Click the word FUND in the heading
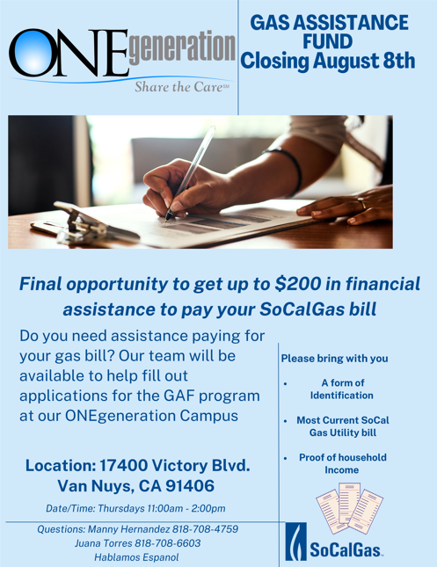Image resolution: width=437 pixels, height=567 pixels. click(x=327, y=41)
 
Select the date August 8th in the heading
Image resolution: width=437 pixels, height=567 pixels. click(x=364, y=61)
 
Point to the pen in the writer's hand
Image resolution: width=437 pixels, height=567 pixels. click(x=190, y=173)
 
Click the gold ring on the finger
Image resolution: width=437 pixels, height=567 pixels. click(x=362, y=203)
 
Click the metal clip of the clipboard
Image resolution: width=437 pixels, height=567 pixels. click(x=82, y=222)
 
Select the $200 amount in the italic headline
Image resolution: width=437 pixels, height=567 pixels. click(x=298, y=284)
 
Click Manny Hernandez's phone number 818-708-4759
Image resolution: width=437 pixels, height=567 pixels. click(x=205, y=529)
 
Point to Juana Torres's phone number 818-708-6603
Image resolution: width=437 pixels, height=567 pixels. click(x=167, y=543)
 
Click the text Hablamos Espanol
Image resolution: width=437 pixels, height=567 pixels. click(x=136, y=557)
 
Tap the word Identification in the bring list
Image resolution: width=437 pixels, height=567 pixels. click(x=341, y=396)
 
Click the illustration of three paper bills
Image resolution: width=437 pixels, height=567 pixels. click(x=349, y=508)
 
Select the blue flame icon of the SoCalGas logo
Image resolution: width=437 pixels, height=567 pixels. click(x=296, y=542)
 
